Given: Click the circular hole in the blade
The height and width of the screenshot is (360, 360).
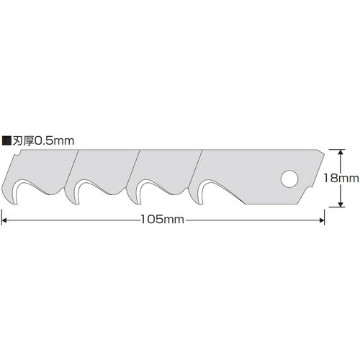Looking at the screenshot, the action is click(289, 179).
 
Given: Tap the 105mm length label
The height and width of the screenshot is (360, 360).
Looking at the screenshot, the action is click(162, 220).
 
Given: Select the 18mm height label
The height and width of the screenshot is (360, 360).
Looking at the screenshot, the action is click(341, 178).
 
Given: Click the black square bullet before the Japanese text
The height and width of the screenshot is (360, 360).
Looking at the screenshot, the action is click(6, 140).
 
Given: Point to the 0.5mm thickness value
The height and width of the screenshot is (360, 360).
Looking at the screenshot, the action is click(55, 140).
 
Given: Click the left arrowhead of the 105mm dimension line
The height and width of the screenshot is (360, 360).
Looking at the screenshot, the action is click(5, 220).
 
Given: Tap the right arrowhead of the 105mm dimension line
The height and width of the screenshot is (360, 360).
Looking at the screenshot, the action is click(321, 220).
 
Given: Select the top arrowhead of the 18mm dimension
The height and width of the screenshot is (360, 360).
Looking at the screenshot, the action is click(340, 153).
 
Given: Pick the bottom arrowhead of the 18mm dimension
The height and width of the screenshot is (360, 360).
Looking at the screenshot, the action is click(340, 204).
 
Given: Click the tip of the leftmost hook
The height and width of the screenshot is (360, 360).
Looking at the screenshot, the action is click(15, 204).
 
